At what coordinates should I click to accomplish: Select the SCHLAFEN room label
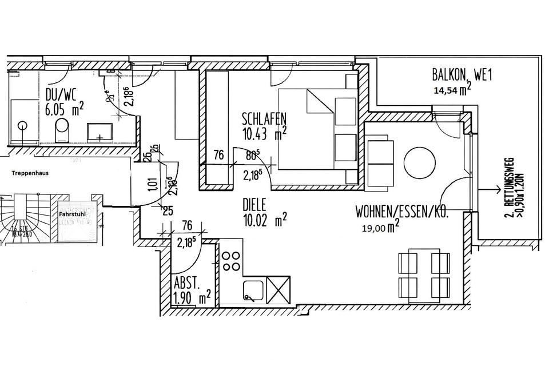click(263, 120)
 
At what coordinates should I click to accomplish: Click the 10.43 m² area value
click(263, 134)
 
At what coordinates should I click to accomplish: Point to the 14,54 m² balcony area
click(452, 89)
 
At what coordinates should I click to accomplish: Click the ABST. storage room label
click(186, 283)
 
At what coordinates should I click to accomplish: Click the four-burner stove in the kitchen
click(231, 260)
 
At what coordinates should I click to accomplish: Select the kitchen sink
click(252, 290)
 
